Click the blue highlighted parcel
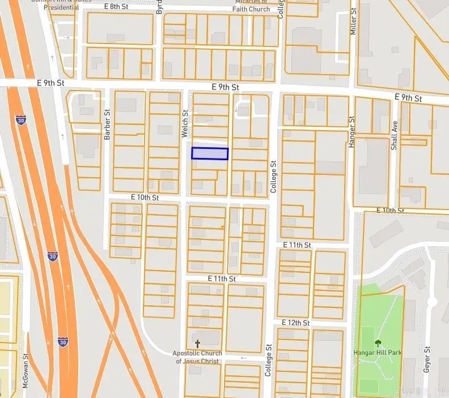pyautogui.click(x=210, y=153)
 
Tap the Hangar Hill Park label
pyautogui.click(x=378, y=353)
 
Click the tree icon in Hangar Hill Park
pyautogui.click(x=378, y=343)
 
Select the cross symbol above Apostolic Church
pyautogui.click(x=198, y=344)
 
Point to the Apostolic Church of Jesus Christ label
pyautogui.click(x=198, y=357)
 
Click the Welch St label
pyautogui.click(x=184, y=124)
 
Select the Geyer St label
pyautogui.click(x=427, y=358)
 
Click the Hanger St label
pyautogui.click(x=351, y=132)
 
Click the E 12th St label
pyautogui.click(x=295, y=323)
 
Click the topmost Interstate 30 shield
pyautogui.click(x=21, y=122)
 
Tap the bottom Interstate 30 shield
pyautogui.click(x=63, y=341)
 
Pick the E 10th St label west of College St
pyautogui.click(x=145, y=198)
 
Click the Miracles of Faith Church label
pyautogui.click(x=252, y=6)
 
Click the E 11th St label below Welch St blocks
pyautogui.click(x=221, y=279)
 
